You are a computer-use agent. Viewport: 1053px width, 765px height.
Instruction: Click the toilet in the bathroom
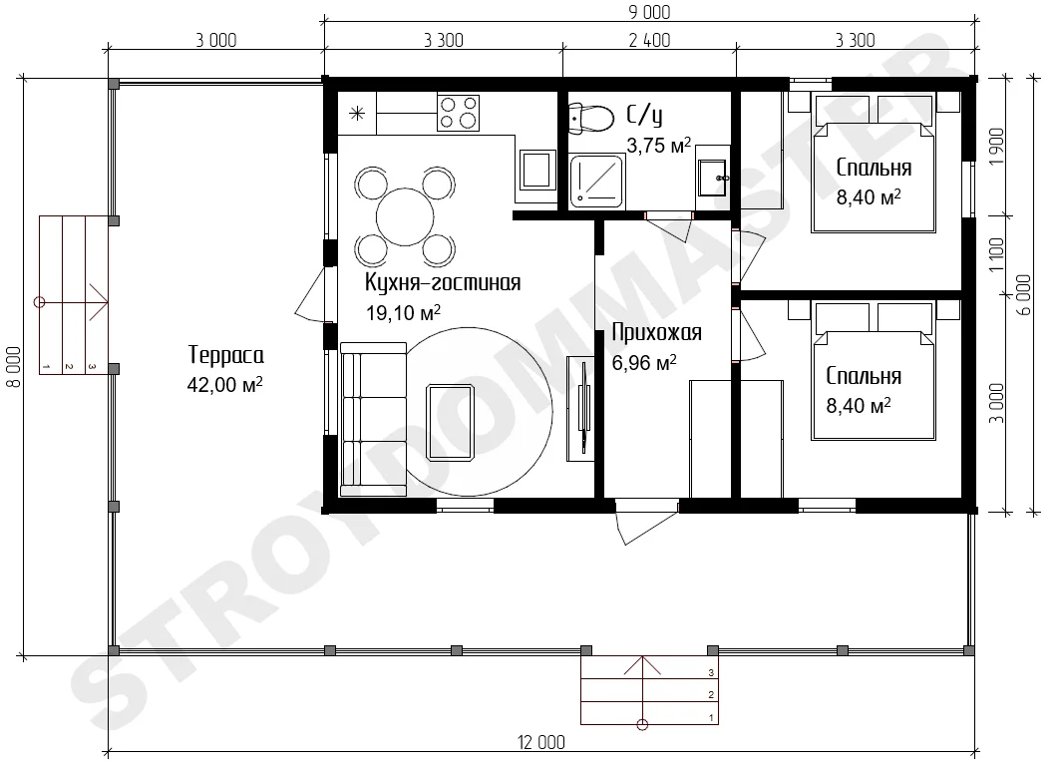pyautogui.click(x=591, y=119)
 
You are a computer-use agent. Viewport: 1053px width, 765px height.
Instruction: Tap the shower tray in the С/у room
pyautogui.click(x=596, y=180)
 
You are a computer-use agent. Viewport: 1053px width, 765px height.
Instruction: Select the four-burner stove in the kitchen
pyautogui.click(x=458, y=112)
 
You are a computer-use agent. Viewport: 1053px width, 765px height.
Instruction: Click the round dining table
pyautogui.click(x=405, y=217)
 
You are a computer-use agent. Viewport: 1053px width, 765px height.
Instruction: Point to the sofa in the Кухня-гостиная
pyautogui.click(x=373, y=420)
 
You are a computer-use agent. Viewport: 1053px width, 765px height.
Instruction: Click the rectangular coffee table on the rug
pyautogui.click(x=451, y=423)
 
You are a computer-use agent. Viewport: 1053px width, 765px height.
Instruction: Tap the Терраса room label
pyautogui.click(x=225, y=355)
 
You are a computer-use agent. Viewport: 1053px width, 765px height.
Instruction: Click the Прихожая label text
pyautogui.click(x=657, y=332)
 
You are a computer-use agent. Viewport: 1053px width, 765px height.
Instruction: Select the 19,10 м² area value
pyautogui.click(x=404, y=312)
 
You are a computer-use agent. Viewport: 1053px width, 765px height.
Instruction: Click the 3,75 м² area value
pyautogui.click(x=659, y=145)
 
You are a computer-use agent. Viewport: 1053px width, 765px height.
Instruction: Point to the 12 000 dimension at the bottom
pyautogui.click(x=540, y=742)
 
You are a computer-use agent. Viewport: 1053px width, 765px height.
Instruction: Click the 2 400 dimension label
pyautogui.click(x=649, y=41)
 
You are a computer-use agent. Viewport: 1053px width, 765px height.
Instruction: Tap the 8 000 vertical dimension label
pyautogui.click(x=13, y=367)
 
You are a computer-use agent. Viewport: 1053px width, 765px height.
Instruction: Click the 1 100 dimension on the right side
pyautogui.click(x=996, y=255)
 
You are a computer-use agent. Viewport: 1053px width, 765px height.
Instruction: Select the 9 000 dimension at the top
pyautogui.click(x=649, y=12)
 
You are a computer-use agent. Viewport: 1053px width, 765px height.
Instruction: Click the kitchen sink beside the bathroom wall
pyautogui.click(x=536, y=170)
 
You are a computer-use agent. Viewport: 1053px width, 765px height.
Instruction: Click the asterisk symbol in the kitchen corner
pyautogui.click(x=357, y=114)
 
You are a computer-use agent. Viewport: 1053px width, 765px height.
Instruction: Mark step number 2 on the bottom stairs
pyautogui.click(x=711, y=695)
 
